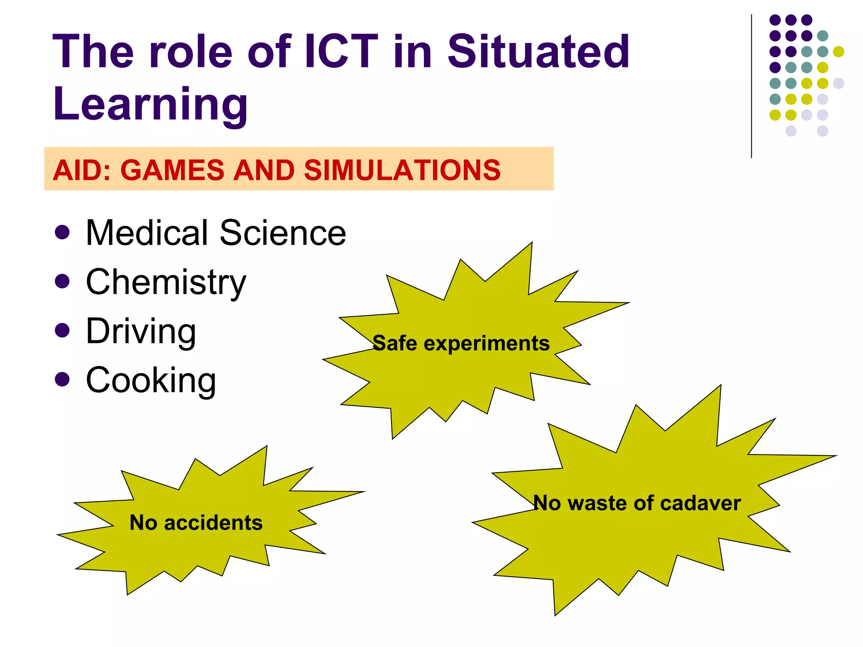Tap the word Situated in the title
[x=538, y=51]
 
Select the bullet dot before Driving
[x=62, y=330]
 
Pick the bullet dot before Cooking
[x=62, y=379]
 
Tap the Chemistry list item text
[x=166, y=282]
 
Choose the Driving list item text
[x=141, y=332]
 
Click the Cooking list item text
[x=151, y=380]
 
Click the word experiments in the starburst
[x=487, y=344]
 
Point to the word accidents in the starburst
[x=213, y=523]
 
